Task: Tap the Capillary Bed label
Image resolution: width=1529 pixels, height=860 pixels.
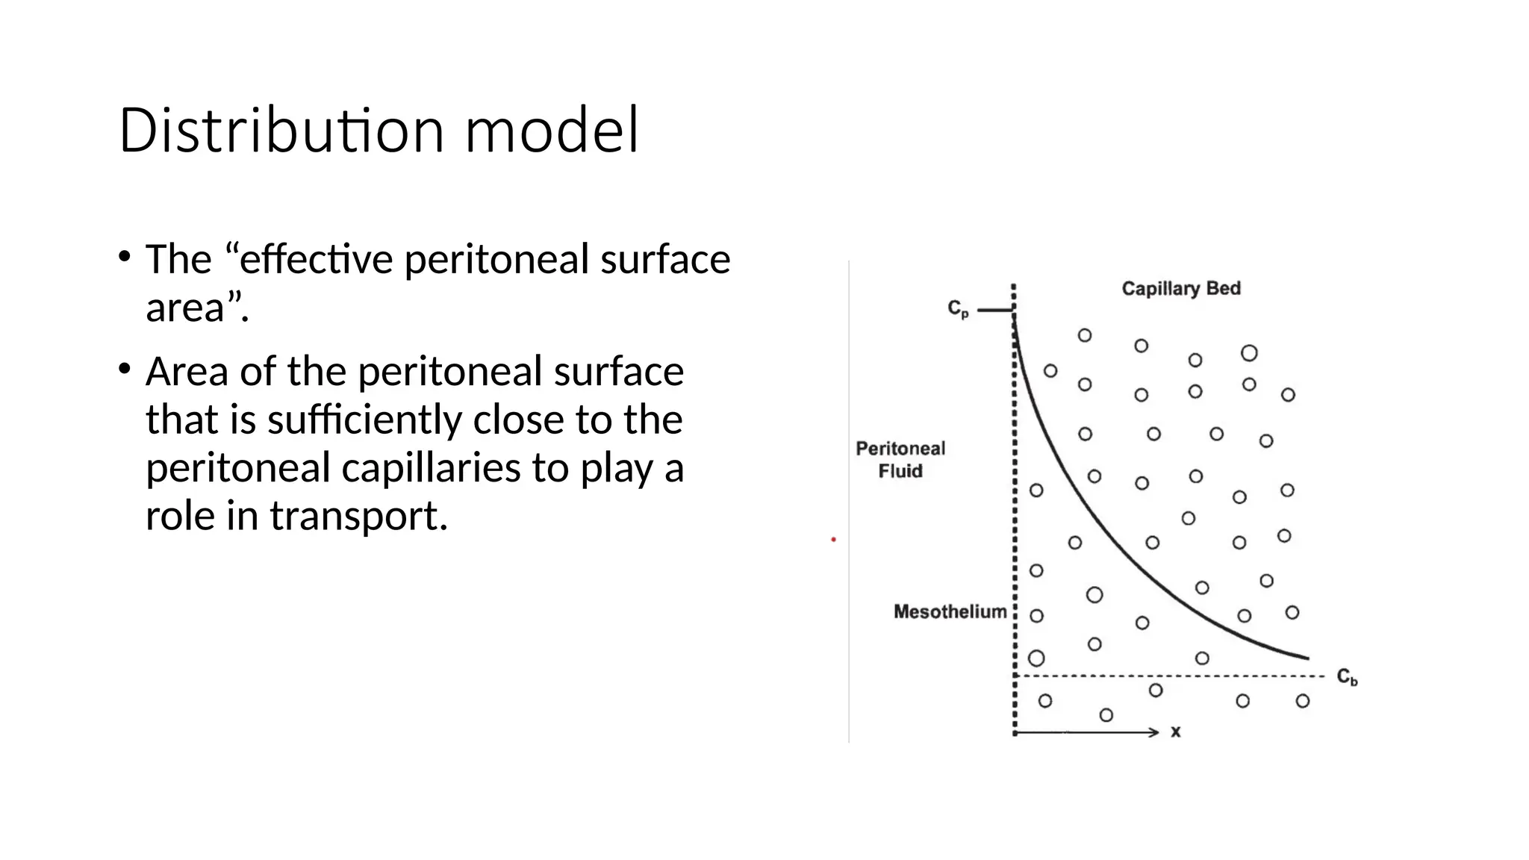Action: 1180,289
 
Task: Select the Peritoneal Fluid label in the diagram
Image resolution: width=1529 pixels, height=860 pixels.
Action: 900,460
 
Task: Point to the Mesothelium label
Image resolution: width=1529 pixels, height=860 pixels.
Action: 950,612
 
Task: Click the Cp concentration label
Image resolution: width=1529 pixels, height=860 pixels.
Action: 958,308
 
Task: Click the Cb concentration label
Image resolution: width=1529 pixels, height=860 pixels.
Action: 1347,677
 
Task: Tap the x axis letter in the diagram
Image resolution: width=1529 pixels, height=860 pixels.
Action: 1176,732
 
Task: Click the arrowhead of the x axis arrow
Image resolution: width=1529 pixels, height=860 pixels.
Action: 1155,732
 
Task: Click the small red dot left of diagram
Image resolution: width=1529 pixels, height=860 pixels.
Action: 833,539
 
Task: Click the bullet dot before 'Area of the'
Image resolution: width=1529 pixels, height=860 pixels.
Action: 124,368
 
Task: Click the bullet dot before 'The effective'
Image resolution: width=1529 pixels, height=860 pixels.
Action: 124,257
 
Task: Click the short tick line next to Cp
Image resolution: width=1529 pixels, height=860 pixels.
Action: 994,310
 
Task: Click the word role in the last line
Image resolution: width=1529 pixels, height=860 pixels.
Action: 180,516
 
